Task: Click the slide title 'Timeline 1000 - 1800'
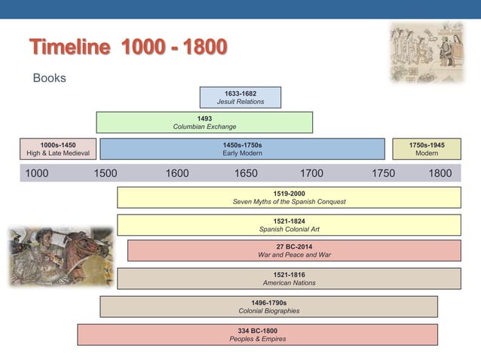(127, 47)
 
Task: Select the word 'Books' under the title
(49, 78)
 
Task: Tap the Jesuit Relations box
(240, 97)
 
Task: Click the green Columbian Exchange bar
(204, 122)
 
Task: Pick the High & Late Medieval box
(57, 148)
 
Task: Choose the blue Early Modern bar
(242, 148)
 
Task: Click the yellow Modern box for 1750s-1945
(426, 148)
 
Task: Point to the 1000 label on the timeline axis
(37, 173)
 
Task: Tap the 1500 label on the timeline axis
(105, 173)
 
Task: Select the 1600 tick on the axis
(176, 173)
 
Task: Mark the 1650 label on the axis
(245, 173)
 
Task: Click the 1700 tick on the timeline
(311, 173)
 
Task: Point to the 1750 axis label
(383, 173)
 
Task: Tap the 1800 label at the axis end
(440, 173)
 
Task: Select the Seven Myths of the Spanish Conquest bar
(289, 197)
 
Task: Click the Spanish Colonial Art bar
(289, 224)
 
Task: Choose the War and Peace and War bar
(294, 250)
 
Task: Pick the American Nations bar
(289, 278)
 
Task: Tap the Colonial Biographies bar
(268, 306)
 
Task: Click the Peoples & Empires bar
(257, 334)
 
